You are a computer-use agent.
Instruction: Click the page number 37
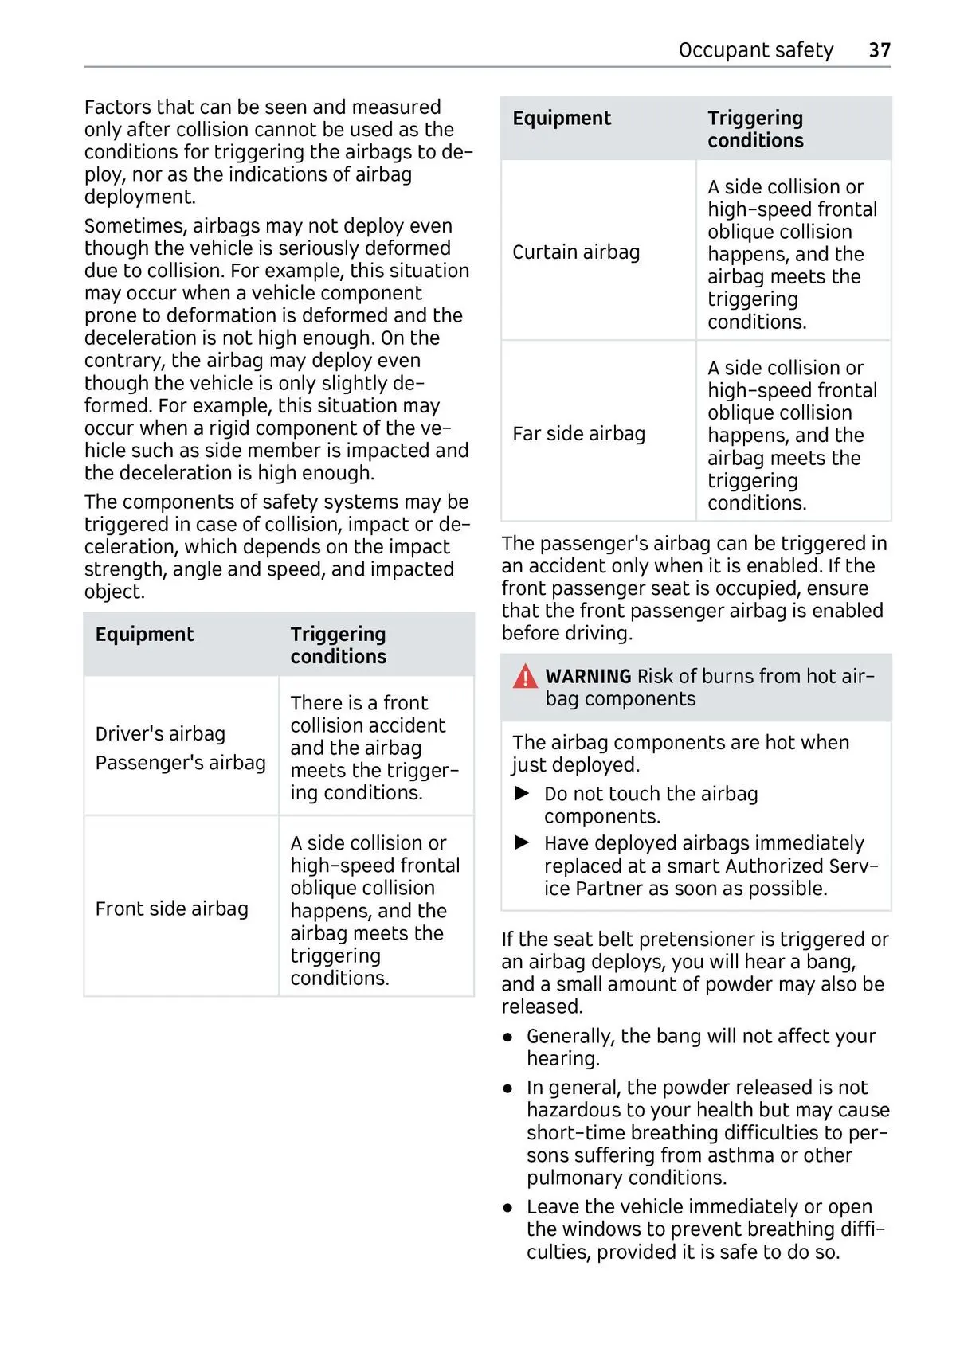879,50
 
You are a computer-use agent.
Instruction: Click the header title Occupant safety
755,50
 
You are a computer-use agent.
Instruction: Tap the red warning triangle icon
526,677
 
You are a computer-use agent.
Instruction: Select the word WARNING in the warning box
588,677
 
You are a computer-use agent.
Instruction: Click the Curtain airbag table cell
576,252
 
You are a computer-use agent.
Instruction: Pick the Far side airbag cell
578,434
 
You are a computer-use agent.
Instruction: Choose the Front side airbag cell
172,909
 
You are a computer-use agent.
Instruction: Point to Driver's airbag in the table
160,734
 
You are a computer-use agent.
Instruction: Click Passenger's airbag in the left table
180,763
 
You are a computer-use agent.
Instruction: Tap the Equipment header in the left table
144,635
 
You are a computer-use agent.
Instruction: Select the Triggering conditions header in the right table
755,129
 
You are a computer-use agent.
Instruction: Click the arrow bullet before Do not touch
523,794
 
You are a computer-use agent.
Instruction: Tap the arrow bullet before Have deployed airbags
523,843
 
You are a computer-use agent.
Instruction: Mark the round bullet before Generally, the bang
508,1038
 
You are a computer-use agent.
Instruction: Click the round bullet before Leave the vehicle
508,1208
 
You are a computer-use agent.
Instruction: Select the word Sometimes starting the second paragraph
135,226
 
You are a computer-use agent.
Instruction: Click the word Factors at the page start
118,107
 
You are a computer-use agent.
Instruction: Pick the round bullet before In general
508,1088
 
